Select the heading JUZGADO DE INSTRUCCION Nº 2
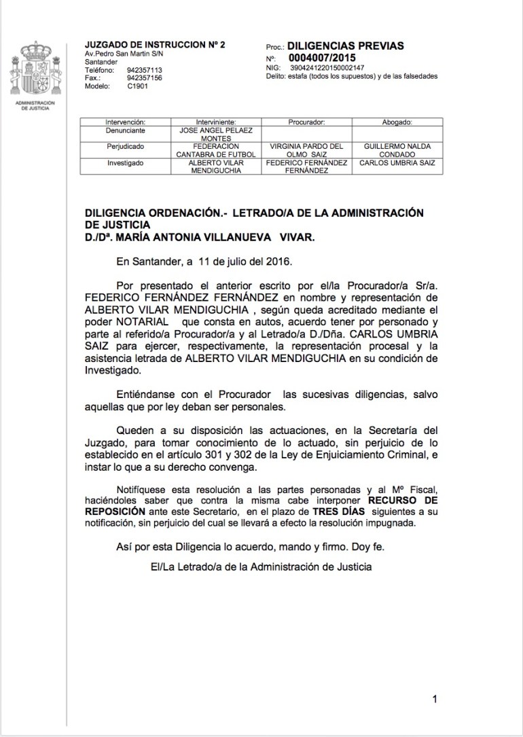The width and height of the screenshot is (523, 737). click(155, 44)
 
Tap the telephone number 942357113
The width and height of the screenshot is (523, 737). click(145, 69)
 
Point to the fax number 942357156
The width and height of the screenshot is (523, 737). click(145, 77)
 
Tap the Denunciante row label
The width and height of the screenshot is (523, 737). click(125, 130)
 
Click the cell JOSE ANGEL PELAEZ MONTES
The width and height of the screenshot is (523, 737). click(215, 134)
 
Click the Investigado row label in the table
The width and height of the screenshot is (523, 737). click(125, 163)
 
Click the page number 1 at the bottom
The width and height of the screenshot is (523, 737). click(434, 699)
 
